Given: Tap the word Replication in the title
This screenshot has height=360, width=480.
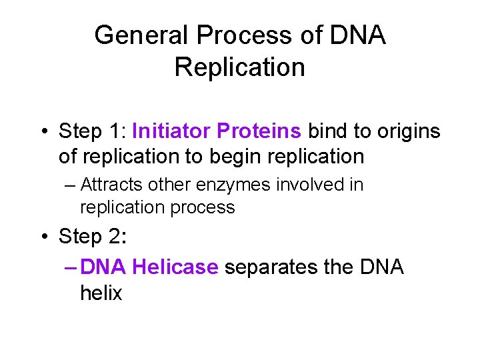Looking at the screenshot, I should click(x=239, y=67).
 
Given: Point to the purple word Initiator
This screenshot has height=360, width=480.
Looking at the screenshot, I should click(x=171, y=131).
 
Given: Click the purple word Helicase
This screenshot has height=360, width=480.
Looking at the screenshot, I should click(x=175, y=267).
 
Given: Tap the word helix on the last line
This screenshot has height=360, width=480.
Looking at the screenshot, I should click(x=101, y=293).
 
